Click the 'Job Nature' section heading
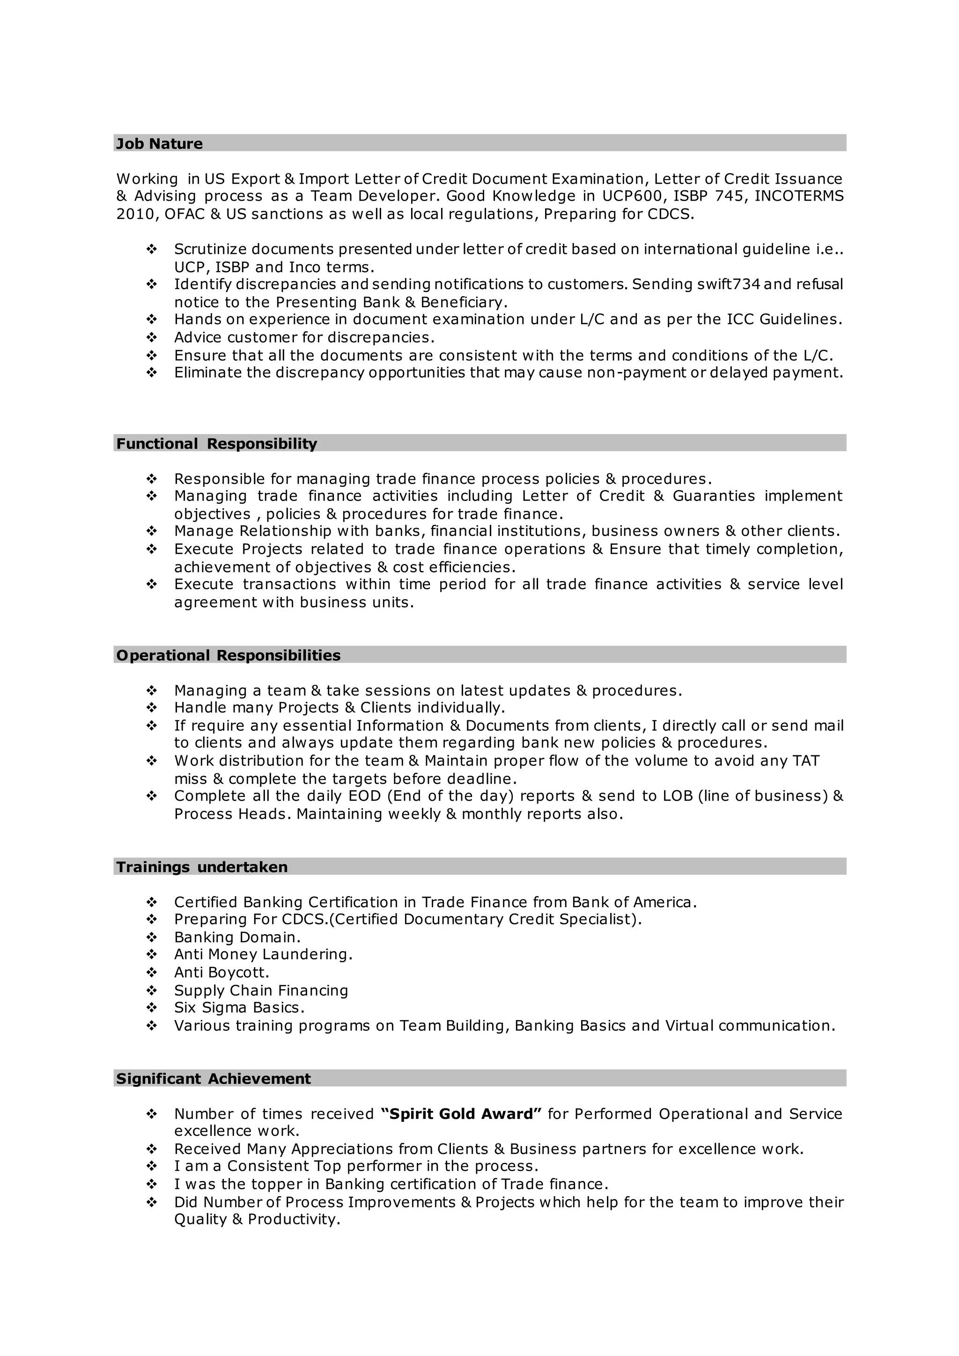[x=159, y=143]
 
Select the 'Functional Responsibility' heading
[x=216, y=444]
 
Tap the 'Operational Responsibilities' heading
[x=228, y=655]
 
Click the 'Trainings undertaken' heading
[x=201, y=867]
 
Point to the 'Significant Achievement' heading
[x=213, y=1078]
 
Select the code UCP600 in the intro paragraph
[x=631, y=196]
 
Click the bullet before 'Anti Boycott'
[x=151, y=973]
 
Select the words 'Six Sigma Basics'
[x=238, y=1007]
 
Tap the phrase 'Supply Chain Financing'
[x=260, y=990]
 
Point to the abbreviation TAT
[x=805, y=760]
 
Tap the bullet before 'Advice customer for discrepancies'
[x=151, y=337]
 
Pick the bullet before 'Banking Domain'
[x=151, y=937]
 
